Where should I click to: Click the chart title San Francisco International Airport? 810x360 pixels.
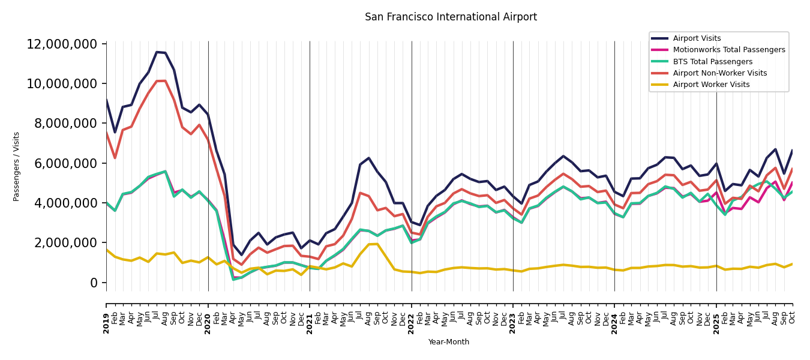click(x=451, y=17)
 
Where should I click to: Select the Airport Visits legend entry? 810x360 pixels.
click(x=697, y=38)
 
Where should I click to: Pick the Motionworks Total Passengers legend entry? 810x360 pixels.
click(x=728, y=50)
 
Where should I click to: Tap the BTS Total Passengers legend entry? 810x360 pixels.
click(x=712, y=62)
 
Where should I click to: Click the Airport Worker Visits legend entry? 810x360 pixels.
click(x=711, y=85)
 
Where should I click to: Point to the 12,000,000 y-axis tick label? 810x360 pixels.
click(x=62, y=44)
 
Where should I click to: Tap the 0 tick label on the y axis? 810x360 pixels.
click(x=94, y=283)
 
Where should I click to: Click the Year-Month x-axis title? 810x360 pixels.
click(x=449, y=342)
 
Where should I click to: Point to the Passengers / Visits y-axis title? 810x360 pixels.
click(x=17, y=166)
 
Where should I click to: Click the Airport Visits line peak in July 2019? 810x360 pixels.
click(x=157, y=52)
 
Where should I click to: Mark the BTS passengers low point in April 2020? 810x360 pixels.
click(x=233, y=279)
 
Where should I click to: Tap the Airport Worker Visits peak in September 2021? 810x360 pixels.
click(x=377, y=244)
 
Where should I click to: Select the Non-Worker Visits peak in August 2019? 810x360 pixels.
click(x=166, y=81)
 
